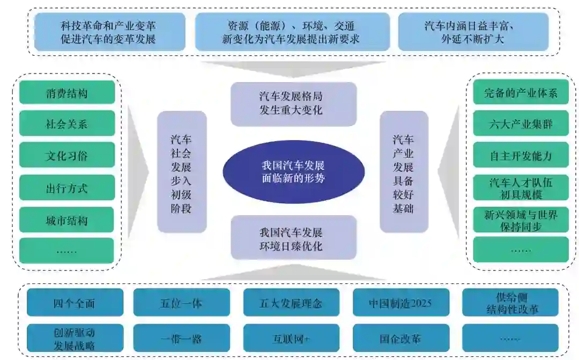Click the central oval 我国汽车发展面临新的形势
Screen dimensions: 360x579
tap(293, 172)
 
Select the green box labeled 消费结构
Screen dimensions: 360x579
tap(67, 93)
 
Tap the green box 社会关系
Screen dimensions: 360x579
tap(67, 124)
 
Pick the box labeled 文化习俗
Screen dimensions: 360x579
tap(67, 156)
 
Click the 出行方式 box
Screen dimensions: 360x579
tap(67, 188)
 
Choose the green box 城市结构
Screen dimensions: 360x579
tap(67, 220)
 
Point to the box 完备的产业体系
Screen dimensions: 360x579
tap(521, 93)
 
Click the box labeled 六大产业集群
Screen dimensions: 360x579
tap(521, 124)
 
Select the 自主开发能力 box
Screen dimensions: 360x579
tap(521, 156)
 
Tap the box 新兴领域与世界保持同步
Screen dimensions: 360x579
tap(521, 220)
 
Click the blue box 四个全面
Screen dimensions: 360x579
tap(75, 303)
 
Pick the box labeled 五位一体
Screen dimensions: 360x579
tap(181, 303)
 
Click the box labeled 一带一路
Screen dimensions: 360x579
tap(181, 338)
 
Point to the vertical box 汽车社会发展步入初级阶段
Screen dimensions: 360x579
tap(181, 172)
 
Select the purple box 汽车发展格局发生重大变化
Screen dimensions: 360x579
tap(293, 104)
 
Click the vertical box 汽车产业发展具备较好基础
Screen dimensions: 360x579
tap(404, 172)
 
